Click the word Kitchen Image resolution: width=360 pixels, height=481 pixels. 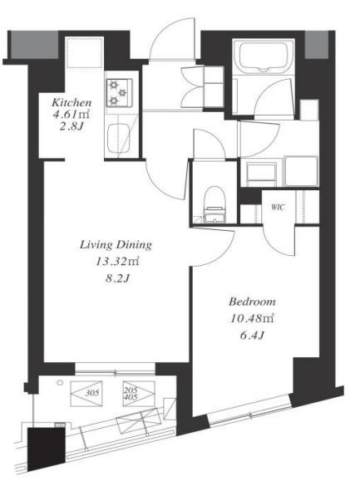[72, 102]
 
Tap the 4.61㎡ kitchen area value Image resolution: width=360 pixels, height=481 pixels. [72, 115]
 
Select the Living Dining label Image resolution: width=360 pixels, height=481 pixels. [116, 245]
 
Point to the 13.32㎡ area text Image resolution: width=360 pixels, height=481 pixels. [117, 262]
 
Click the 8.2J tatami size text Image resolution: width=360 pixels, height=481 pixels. [117, 278]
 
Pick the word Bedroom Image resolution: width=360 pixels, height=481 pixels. [252, 302]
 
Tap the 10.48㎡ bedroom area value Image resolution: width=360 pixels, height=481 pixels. [252, 318]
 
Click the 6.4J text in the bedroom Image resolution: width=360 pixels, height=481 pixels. [252, 336]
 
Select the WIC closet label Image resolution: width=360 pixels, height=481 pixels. [278, 208]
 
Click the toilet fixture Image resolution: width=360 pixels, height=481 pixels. [215, 204]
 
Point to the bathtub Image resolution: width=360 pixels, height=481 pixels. [264, 57]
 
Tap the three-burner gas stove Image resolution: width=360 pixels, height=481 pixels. [120, 93]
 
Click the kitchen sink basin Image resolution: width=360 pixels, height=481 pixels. [119, 138]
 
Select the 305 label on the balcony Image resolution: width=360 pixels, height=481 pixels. [92, 393]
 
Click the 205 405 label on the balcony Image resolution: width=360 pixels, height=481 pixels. [131, 394]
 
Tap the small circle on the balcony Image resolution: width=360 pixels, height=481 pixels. [60, 382]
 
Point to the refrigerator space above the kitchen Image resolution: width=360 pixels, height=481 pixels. [85, 52]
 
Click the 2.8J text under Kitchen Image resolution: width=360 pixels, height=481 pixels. [72, 126]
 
